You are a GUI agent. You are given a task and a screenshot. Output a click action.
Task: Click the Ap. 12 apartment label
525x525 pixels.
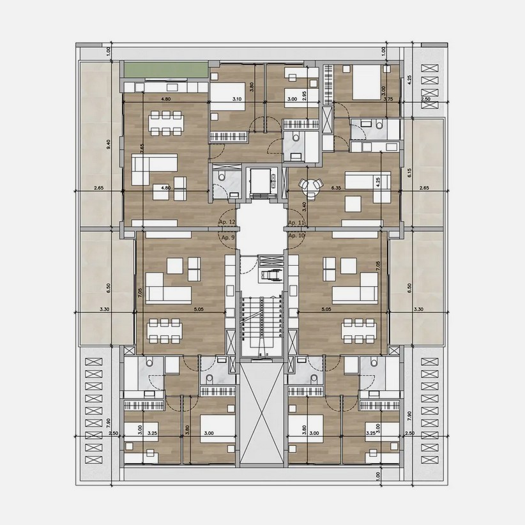(x=227, y=222)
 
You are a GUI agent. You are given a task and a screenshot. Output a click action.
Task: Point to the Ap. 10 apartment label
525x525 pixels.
(x=296, y=236)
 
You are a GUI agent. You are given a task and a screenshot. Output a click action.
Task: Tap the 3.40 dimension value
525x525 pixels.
(x=305, y=206)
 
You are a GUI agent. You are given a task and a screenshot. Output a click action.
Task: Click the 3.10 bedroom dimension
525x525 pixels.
(x=236, y=99)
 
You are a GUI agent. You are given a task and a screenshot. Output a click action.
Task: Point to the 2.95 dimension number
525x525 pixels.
(x=305, y=95)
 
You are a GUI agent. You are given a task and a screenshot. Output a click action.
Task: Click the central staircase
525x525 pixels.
(x=261, y=326)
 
